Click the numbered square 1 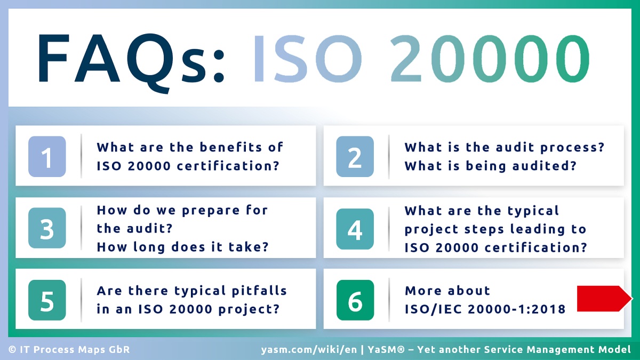(x=47, y=157)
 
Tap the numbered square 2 (x=355, y=157)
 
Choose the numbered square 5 (x=47, y=300)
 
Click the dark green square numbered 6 (x=355, y=300)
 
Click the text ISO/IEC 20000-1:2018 (x=485, y=309)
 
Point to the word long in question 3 (x=143, y=247)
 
